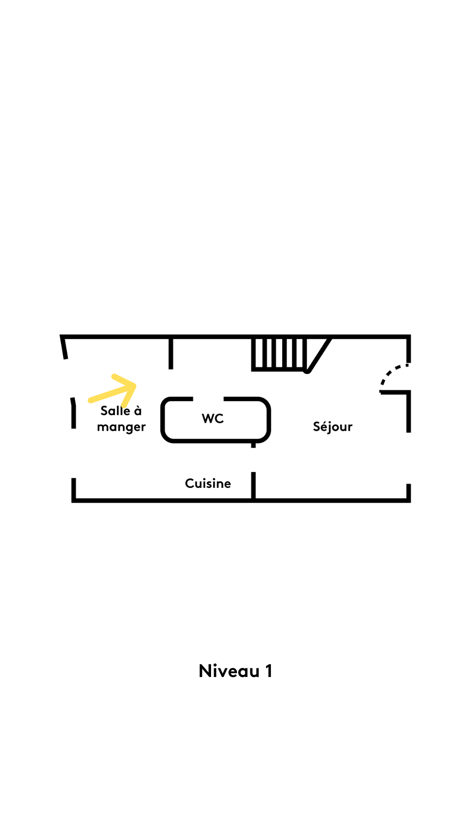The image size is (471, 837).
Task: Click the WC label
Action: click(213, 418)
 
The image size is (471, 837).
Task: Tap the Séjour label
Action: click(332, 426)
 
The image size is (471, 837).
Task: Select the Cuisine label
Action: click(208, 483)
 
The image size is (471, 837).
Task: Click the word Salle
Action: click(115, 411)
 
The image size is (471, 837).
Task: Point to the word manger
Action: click(121, 427)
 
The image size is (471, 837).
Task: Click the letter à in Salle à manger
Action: click(138, 411)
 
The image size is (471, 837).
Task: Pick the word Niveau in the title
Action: click(229, 671)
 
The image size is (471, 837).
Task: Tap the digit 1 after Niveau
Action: click(269, 671)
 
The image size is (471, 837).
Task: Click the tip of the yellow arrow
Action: click(134, 385)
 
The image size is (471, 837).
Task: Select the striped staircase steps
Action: click(279, 354)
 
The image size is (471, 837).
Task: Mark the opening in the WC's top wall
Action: click(208, 399)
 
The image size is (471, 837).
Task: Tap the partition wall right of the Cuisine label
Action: click(253, 485)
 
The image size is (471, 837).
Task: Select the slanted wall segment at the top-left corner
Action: click(64, 348)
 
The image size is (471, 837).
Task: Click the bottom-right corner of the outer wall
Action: click(409, 500)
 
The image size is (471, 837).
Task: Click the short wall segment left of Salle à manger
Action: click(74, 413)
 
